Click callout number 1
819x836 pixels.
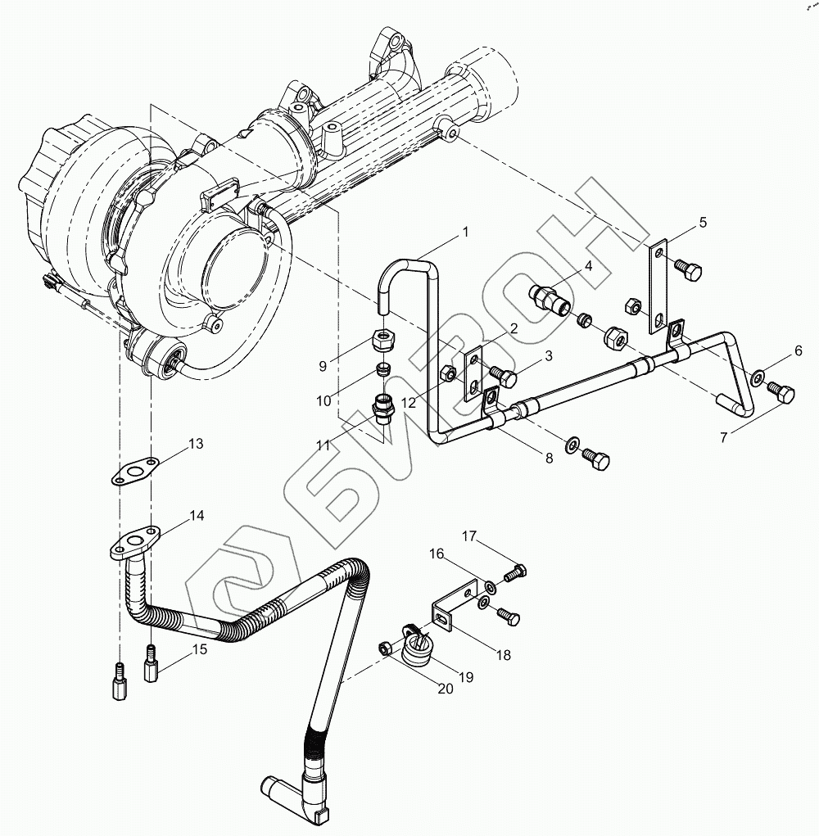pyautogui.click(x=465, y=232)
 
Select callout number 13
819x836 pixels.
pyautogui.click(x=196, y=444)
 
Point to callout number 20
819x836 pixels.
pyautogui.click(x=445, y=689)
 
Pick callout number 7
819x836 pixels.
pyautogui.click(x=723, y=438)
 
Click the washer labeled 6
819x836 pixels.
pyautogui.click(x=759, y=377)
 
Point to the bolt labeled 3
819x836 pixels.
pyautogui.click(x=506, y=377)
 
